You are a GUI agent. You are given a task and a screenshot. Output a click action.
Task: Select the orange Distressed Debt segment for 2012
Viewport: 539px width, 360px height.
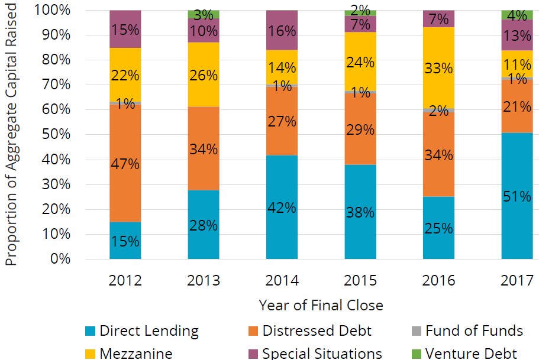(x=125, y=142)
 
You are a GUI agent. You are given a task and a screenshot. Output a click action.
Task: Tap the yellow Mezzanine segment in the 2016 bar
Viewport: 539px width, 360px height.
(x=438, y=89)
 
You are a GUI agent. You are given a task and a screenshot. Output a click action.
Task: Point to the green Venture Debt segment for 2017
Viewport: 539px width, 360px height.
(x=517, y=15)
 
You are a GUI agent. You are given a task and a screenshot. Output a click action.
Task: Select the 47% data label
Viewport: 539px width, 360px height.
(x=125, y=164)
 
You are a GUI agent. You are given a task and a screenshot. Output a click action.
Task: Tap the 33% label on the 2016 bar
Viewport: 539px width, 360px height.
(x=438, y=68)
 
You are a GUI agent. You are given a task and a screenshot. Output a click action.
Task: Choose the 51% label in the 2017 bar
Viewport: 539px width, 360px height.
(x=517, y=197)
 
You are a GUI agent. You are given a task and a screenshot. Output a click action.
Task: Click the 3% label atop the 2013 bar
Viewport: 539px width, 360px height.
(x=204, y=14)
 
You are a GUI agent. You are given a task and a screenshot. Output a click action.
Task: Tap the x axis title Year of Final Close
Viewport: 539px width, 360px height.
(x=321, y=305)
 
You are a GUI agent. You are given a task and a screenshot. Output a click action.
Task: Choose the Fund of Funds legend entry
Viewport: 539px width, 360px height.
(x=474, y=331)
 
